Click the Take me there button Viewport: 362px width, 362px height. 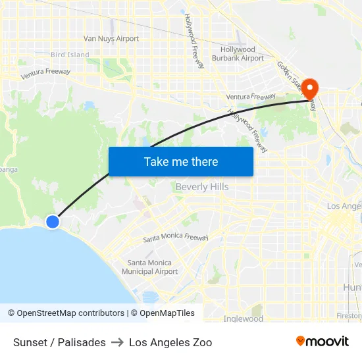(180, 161)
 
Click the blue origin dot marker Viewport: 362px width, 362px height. (53, 222)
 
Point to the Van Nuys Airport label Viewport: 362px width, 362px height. (111, 39)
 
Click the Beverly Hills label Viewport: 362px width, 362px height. (201, 187)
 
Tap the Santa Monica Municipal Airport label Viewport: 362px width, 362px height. (150, 267)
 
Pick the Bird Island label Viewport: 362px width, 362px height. (70, 55)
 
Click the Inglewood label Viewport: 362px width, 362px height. (243, 319)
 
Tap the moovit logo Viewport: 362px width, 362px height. (323, 342)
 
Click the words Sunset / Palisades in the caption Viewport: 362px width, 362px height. (59, 342)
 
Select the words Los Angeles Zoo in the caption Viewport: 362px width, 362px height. (170, 342)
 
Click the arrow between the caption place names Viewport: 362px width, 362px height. (117, 342)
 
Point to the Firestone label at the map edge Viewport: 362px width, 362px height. (349, 316)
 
